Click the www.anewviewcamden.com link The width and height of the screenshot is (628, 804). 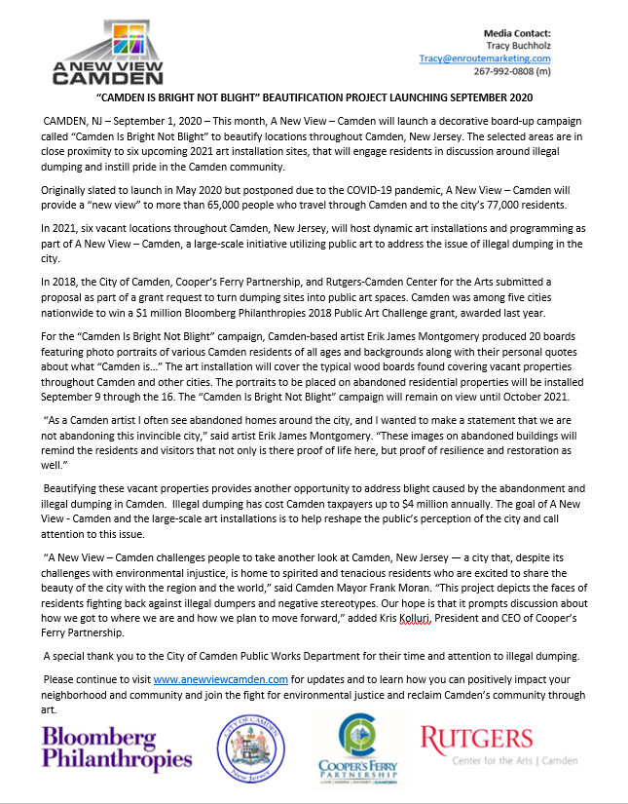(x=220, y=677)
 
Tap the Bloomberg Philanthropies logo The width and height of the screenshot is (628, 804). (x=118, y=748)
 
